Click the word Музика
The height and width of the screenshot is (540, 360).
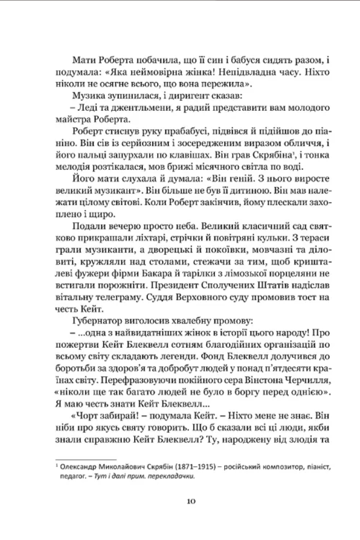click(x=90, y=94)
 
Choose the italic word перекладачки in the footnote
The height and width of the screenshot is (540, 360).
click(x=168, y=476)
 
